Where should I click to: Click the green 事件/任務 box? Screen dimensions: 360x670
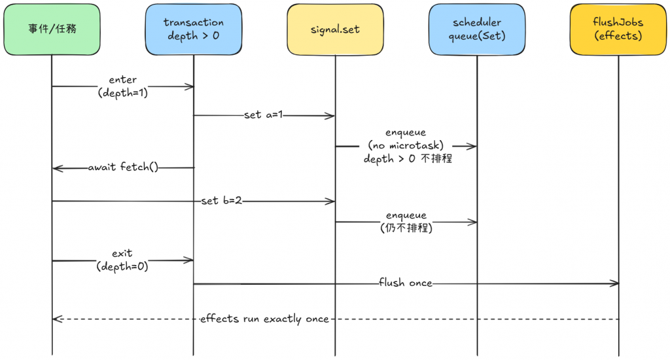pos(52,29)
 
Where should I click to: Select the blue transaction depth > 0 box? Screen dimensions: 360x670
pos(193,29)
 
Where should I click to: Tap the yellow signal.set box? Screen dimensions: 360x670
pos(335,29)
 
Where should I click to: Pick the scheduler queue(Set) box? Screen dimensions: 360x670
pos(476,29)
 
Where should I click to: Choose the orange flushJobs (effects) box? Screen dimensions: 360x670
pos(618,29)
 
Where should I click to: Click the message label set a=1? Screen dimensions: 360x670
pos(264,116)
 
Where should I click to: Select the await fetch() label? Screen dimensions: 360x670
pos(124,168)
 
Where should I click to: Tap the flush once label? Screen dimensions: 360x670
pos(406,283)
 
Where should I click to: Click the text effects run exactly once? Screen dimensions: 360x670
pos(264,319)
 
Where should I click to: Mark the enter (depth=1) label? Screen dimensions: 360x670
pos(123,86)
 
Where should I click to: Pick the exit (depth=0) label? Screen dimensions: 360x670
pos(122,260)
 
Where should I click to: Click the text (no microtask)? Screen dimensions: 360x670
pos(406,145)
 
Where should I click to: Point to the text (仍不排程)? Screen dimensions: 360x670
pos(406,228)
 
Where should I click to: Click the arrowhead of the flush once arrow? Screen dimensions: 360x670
pos(616,283)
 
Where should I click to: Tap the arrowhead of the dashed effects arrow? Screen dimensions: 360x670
pos(55,319)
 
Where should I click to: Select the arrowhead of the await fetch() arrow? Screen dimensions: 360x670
pos(56,168)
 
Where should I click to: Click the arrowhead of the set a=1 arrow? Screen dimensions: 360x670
pos(332,116)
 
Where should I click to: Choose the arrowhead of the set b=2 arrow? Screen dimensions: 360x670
pos(332,201)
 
